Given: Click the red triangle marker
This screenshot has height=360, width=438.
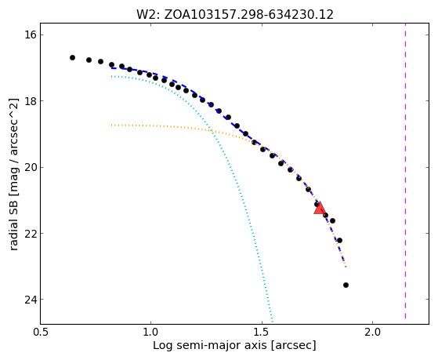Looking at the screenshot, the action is click(319, 208).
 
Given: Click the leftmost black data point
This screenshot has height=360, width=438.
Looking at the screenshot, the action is click(72, 57).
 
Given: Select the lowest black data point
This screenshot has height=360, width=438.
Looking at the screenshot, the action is click(346, 285).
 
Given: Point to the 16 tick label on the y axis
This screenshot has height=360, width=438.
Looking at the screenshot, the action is click(30, 35).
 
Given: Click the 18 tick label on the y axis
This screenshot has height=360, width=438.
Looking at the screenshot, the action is click(30, 101).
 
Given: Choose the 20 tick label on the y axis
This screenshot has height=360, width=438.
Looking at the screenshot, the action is click(30, 167).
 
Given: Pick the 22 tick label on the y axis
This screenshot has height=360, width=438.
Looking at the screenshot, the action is click(30, 233).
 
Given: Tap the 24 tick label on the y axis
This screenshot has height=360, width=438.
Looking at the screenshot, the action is click(30, 300).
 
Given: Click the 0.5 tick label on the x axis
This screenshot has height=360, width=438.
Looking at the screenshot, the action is click(41, 333).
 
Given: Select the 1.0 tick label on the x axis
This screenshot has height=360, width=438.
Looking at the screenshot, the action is click(151, 333).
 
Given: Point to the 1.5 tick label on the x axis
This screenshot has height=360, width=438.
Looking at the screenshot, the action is click(262, 333).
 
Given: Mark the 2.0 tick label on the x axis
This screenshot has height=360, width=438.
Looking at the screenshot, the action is click(373, 333).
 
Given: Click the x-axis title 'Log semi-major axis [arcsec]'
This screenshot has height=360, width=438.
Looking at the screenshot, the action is click(234, 346).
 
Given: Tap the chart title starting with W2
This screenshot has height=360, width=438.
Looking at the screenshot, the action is click(234, 15).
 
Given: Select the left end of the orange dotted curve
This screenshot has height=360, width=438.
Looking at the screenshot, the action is click(111, 125).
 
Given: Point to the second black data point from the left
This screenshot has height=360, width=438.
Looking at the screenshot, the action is click(89, 60).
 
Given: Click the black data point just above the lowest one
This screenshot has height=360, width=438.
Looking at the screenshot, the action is click(339, 240).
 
